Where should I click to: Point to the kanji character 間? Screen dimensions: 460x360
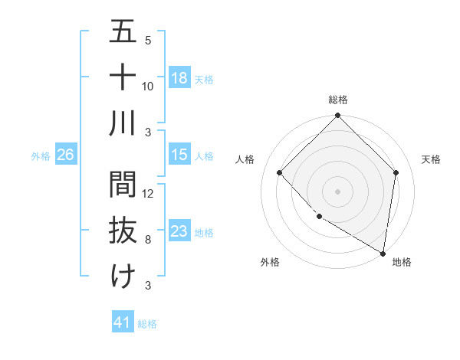pyautogui.click(x=123, y=185)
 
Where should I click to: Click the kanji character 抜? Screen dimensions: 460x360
pyautogui.click(x=123, y=231)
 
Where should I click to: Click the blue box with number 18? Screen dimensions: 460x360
pyautogui.click(x=179, y=77)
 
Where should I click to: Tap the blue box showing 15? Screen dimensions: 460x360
pyautogui.click(x=179, y=155)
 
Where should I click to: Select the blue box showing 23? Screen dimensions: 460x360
pyautogui.click(x=179, y=231)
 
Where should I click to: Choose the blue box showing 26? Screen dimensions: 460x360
pyautogui.click(x=65, y=155)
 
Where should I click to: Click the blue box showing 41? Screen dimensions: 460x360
pyautogui.click(x=123, y=322)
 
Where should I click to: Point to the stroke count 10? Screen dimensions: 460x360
pyautogui.click(x=148, y=86)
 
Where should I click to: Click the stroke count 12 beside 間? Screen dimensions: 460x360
pyautogui.click(x=148, y=194)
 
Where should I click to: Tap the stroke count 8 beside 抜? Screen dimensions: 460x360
pyautogui.click(x=148, y=240)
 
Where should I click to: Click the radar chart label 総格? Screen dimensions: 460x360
pyautogui.click(x=338, y=100)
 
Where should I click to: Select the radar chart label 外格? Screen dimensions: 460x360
pyautogui.click(x=269, y=262)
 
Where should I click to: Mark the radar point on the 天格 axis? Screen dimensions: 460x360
pyautogui.click(x=396, y=172)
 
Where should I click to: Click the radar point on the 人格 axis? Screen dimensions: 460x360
pyautogui.click(x=280, y=172)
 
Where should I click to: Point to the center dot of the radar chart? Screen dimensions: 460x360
pyautogui.click(x=338, y=191)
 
